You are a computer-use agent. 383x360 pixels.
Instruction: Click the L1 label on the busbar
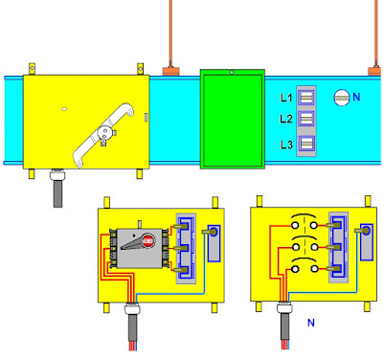pos(286,98)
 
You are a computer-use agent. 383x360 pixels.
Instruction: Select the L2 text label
pos(286,119)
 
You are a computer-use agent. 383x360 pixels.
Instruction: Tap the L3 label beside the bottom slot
pos(286,145)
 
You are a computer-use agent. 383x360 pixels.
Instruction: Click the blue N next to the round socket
pos(356,97)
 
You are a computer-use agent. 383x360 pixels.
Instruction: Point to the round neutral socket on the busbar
pos(342,98)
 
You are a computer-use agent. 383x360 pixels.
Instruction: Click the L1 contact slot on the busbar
pos(306,98)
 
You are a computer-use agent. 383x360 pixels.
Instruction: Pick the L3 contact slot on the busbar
pos(306,144)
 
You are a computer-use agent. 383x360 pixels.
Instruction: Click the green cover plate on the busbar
pos(233,119)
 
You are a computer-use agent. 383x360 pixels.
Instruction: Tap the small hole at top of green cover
pos(232,73)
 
